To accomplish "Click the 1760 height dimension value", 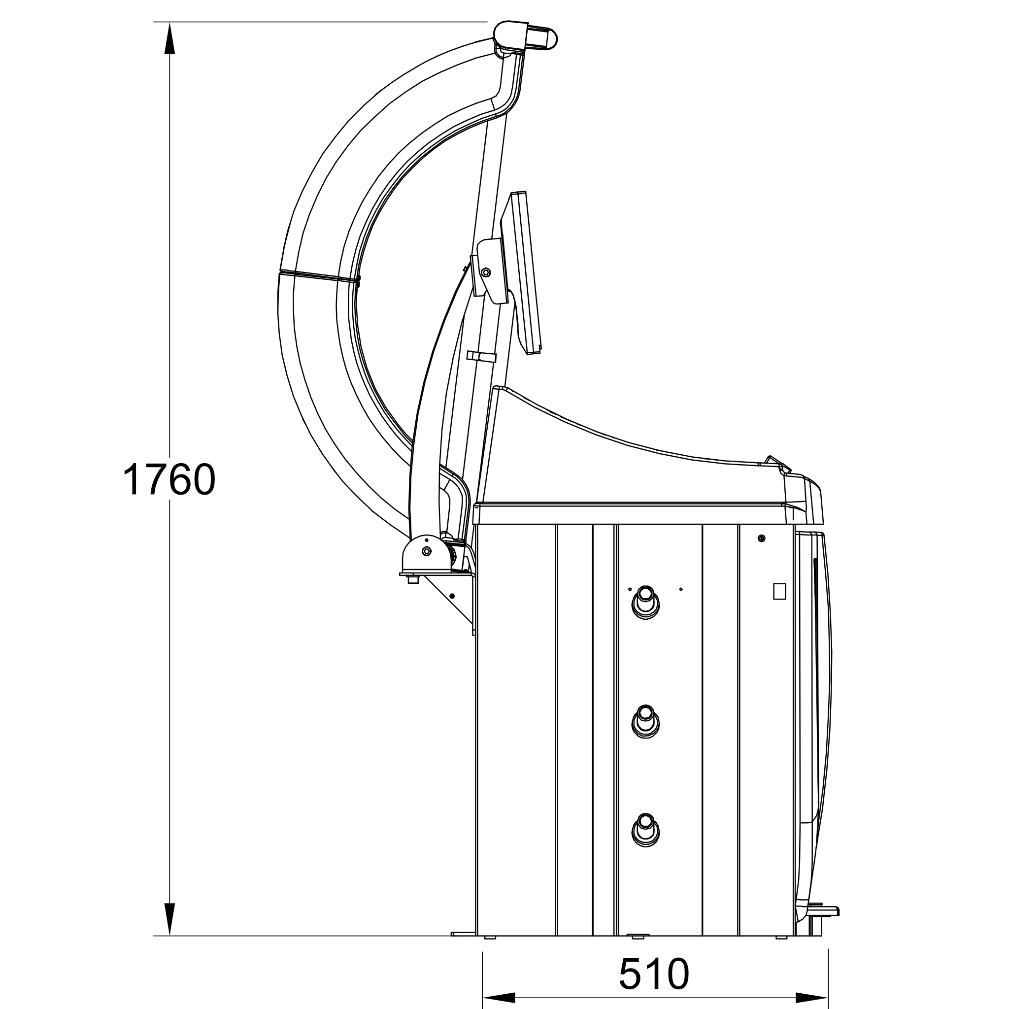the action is tap(168, 479).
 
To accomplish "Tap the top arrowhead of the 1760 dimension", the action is tap(169, 38).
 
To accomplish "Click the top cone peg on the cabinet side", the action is tap(645, 602).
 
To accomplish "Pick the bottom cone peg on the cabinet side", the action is tap(645, 830).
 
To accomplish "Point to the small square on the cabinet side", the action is tap(779, 591).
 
